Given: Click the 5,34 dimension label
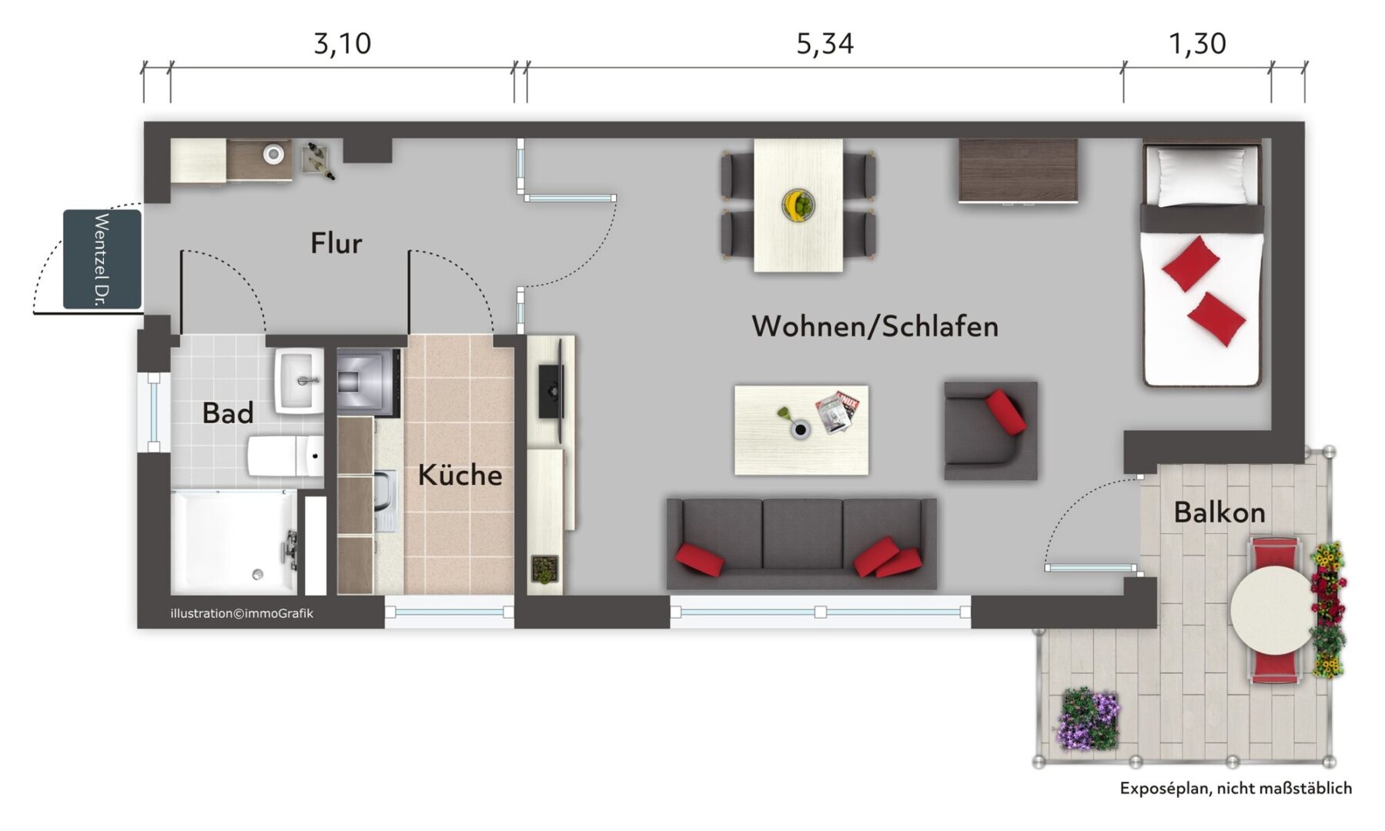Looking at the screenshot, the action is [825, 44].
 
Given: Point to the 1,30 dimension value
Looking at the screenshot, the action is [1197, 44].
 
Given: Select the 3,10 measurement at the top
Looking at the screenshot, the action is [342, 44].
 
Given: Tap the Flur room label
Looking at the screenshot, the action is [336, 243].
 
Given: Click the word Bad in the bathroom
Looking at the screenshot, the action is [228, 413].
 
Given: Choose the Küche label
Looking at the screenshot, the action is [460, 475].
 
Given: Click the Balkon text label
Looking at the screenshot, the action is [1219, 512].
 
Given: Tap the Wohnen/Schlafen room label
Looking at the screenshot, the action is [875, 326].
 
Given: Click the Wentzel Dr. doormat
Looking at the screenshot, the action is [102, 259].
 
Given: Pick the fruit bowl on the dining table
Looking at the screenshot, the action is [798, 205].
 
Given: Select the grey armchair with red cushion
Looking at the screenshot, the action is [991, 431].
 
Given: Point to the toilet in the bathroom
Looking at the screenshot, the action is [286, 457].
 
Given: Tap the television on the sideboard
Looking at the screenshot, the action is [552, 392].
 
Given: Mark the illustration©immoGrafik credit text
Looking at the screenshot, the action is [242, 613].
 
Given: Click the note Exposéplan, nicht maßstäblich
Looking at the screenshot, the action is [1236, 788].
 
